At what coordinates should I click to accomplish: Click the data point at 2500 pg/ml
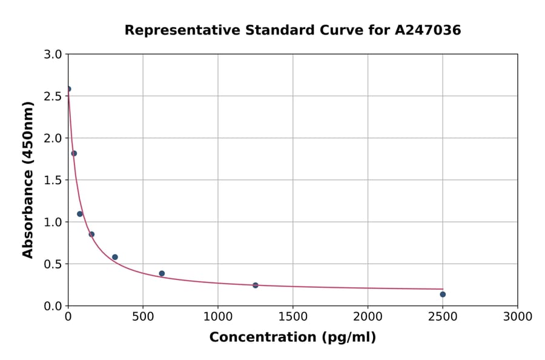click(x=443, y=295)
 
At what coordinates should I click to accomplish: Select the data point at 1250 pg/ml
click(x=256, y=285)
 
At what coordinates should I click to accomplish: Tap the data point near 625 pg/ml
click(x=162, y=273)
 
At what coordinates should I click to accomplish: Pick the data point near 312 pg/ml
click(x=115, y=257)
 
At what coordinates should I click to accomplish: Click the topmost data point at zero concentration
click(x=68, y=89)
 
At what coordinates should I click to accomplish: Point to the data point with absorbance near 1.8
click(x=74, y=153)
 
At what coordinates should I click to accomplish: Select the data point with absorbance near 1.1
click(x=80, y=214)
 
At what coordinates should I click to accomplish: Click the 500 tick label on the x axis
click(x=143, y=317)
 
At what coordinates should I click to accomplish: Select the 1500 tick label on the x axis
click(x=292, y=317)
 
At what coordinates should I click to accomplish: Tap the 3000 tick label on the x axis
click(x=517, y=317)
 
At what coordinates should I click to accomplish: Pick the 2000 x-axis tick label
click(x=368, y=317)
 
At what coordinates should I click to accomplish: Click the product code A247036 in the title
click(x=428, y=30)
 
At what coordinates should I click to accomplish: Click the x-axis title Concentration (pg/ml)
click(x=292, y=338)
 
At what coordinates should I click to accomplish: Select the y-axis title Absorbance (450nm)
click(x=28, y=179)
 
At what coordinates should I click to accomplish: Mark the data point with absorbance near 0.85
click(x=91, y=235)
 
